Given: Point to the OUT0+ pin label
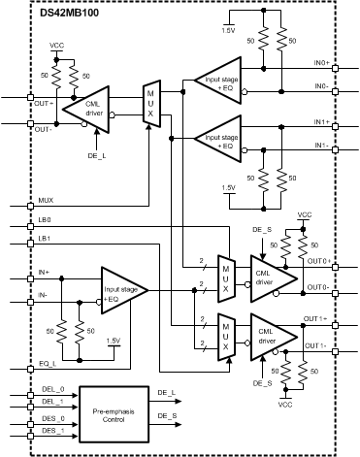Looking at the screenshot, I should coord(317,261).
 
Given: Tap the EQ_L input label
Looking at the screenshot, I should coord(46,363).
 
